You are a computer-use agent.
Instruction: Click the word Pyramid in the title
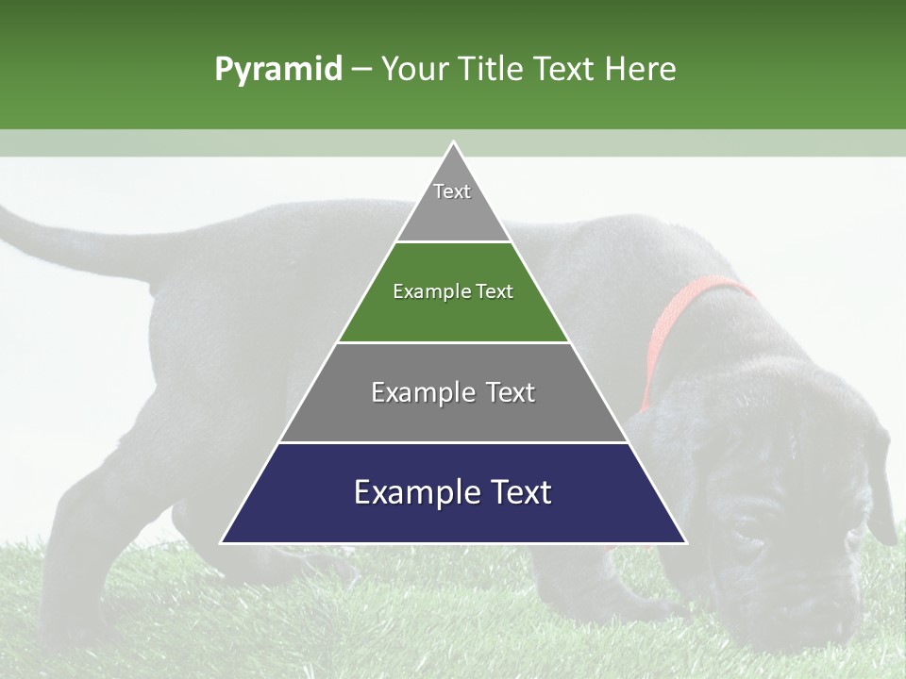pyautogui.click(x=277, y=70)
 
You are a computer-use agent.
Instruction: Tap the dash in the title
pyautogui.click(x=361, y=70)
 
